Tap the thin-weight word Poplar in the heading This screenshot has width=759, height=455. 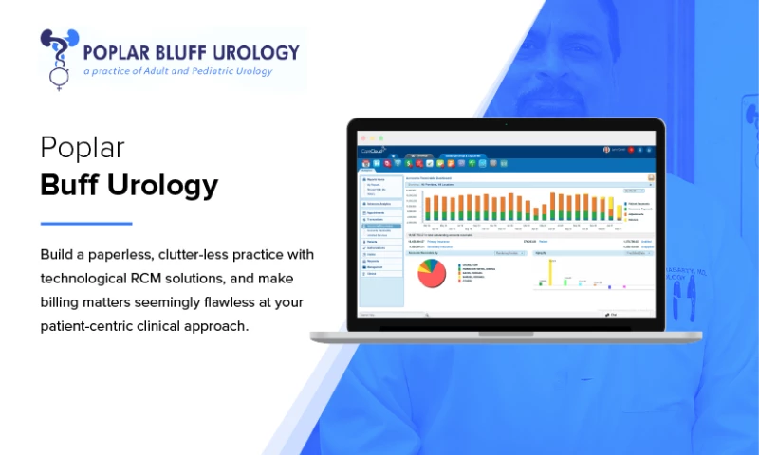[x=83, y=148]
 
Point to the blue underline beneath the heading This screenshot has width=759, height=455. [x=85, y=224]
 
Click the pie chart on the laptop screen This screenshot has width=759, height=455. [x=432, y=274]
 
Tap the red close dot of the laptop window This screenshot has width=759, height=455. [x=363, y=138]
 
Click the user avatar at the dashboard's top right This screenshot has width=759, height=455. [x=606, y=150]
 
